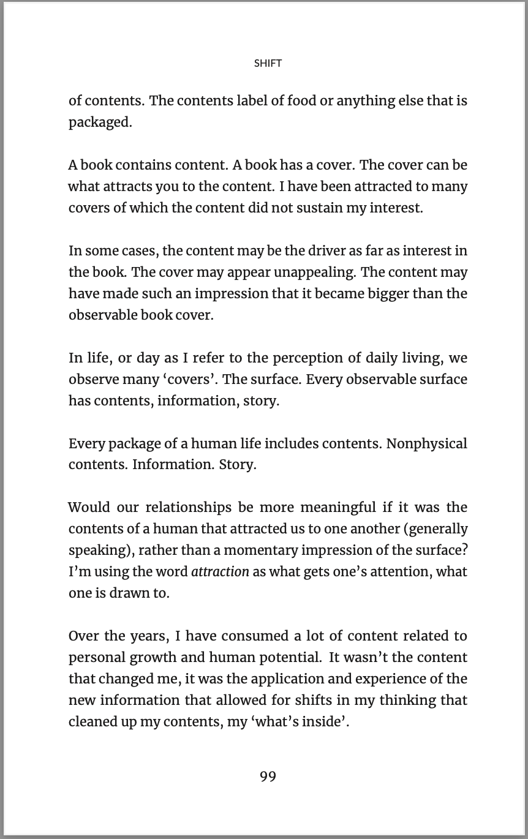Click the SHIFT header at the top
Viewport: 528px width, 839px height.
268,63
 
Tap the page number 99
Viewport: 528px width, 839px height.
268,777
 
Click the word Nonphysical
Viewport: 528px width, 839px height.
426,443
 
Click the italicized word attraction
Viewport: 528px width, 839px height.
220,572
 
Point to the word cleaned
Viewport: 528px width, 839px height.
92,721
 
